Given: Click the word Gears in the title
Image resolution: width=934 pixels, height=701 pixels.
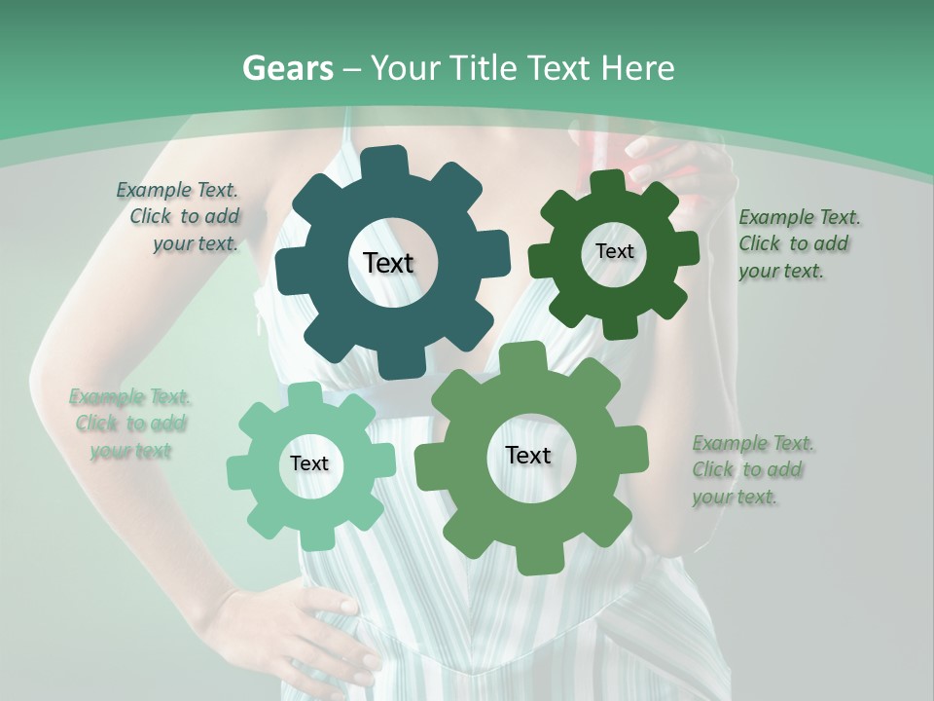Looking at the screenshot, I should click(288, 68).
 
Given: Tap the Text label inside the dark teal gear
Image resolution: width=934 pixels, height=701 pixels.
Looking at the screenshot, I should click(389, 263).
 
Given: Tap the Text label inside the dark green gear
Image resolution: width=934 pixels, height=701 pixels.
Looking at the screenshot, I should click(614, 251).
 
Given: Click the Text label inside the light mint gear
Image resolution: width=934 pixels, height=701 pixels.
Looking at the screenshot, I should click(309, 463).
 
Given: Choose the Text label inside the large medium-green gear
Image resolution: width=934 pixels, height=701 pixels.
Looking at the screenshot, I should click(528, 456).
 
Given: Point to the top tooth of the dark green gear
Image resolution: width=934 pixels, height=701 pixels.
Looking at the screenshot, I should click(608, 182).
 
